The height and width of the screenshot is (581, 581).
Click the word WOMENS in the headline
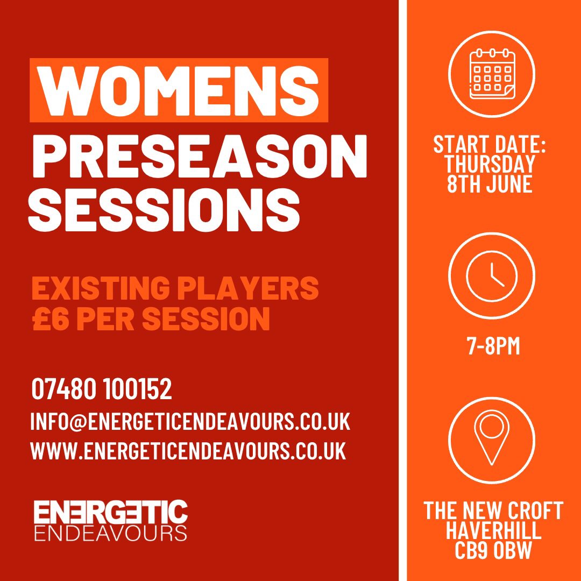(179, 90)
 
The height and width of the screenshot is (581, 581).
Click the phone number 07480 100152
(102, 389)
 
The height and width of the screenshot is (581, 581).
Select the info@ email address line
(190, 422)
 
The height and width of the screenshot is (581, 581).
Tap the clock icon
(491, 275)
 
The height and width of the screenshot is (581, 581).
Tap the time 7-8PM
(493, 346)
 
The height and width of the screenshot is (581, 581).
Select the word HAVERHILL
(492, 530)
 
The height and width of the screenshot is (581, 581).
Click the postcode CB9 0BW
(492, 550)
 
